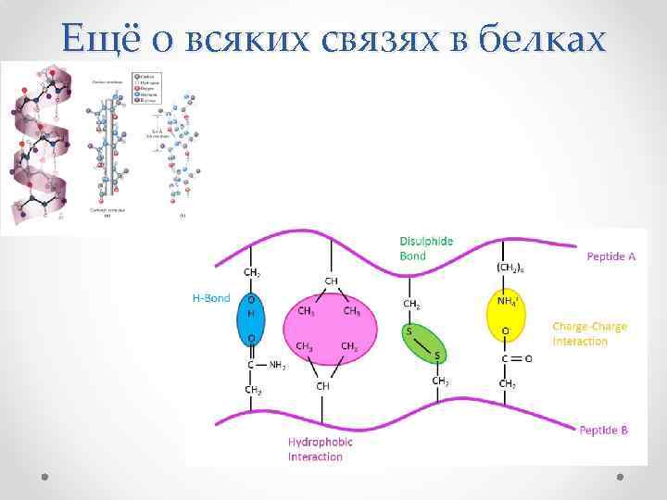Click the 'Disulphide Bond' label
[x=426, y=247]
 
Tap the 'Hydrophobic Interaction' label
[x=320, y=449]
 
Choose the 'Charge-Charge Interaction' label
[x=589, y=333]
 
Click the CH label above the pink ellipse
[x=331, y=280]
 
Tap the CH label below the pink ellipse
[x=323, y=385]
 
